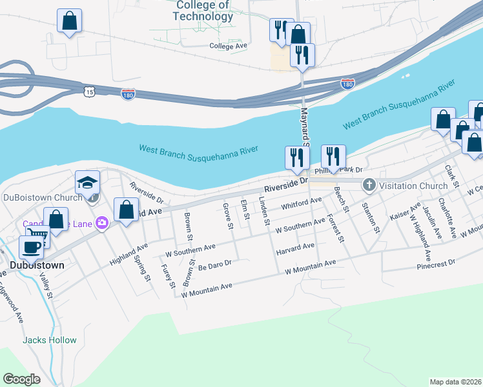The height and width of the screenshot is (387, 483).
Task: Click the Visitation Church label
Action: tap(413, 186)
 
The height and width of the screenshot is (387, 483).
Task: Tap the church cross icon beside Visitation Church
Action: tap(369, 186)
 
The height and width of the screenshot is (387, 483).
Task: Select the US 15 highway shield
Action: tap(88, 92)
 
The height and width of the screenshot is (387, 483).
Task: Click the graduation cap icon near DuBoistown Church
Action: tap(87, 183)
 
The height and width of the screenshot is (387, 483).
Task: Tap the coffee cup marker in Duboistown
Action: tap(31, 247)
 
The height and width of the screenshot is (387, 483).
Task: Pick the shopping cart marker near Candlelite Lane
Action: tap(38, 237)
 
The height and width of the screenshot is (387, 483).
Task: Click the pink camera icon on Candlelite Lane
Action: tap(101, 223)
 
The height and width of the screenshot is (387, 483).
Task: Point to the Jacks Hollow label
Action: tap(50, 340)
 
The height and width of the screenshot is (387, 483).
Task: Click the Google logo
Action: tap(21, 379)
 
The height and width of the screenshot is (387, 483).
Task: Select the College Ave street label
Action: tap(229, 46)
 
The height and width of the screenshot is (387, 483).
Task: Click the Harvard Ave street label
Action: tap(295, 247)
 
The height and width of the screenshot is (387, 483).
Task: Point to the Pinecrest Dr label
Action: tap(436, 264)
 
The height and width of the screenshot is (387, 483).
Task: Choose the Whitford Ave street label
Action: tap(302, 204)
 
